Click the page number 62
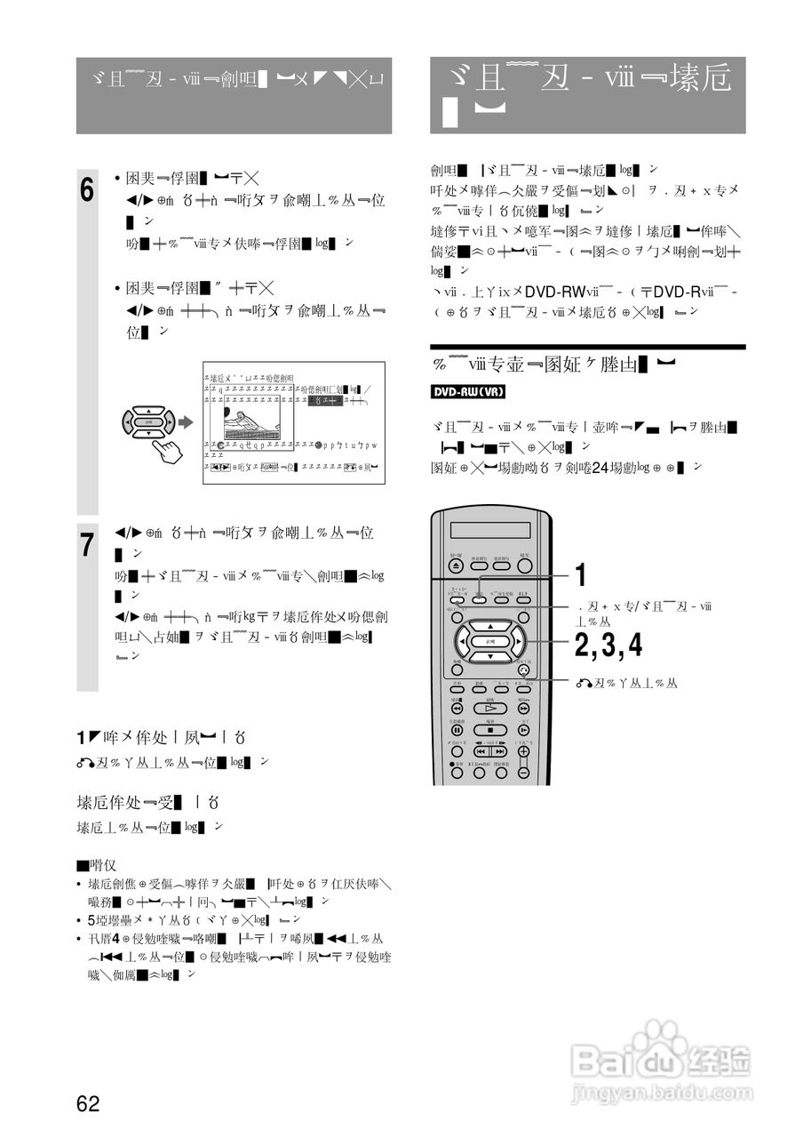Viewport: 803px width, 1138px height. click(x=88, y=1104)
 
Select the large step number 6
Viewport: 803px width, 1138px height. click(x=87, y=189)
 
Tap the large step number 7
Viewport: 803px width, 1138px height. click(x=87, y=545)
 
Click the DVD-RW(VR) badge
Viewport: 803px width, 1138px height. click(x=467, y=392)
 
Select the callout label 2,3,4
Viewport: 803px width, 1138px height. click(x=608, y=646)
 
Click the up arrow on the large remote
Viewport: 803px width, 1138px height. click(x=489, y=626)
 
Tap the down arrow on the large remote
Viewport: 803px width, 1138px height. click(x=489, y=656)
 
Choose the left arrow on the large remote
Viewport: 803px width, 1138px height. click(x=463, y=641)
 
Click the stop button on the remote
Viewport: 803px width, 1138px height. click(x=489, y=730)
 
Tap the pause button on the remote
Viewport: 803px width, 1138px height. click(x=457, y=730)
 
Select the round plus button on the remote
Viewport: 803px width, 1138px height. click(x=523, y=751)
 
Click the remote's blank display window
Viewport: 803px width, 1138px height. click(x=489, y=530)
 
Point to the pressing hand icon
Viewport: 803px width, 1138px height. click(x=165, y=445)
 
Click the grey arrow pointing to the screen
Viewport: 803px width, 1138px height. click(x=185, y=421)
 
